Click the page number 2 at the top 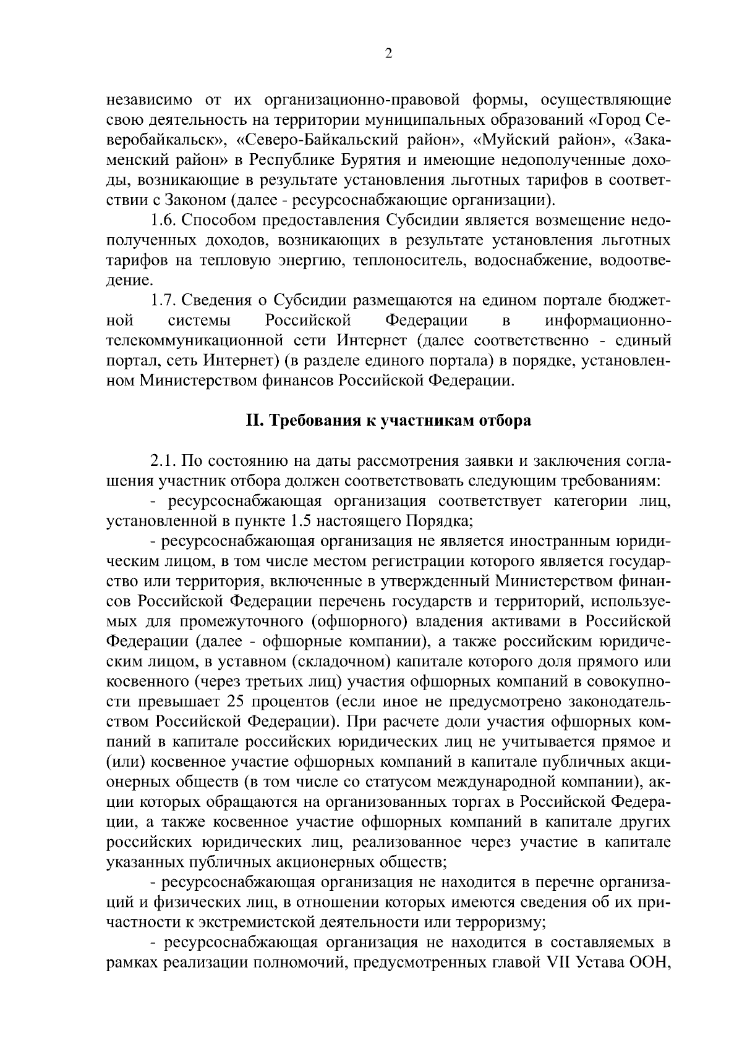[388, 54]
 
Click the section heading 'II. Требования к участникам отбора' [388, 421]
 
